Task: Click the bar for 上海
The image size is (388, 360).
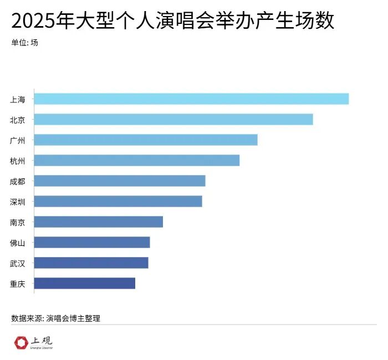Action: point(191,99)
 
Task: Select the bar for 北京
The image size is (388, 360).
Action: point(173,119)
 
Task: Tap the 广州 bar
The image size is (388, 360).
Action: point(146,140)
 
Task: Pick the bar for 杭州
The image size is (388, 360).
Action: point(137,160)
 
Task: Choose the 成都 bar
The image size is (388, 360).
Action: point(120,181)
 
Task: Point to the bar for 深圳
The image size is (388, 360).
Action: point(118,201)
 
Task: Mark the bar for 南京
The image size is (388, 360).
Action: point(99,222)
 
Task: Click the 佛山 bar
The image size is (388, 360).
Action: point(92,242)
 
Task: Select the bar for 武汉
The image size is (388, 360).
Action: point(91,263)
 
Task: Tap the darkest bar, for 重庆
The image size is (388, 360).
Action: point(85,283)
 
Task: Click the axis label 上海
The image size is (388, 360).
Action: point(17,99)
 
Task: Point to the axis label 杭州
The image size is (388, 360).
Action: point(17,161)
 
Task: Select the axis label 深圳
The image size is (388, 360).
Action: point(17,202)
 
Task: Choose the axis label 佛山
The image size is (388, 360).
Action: point(17,243)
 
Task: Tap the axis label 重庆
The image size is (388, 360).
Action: point(17,284)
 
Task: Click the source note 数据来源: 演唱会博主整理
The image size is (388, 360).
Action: point(55,318)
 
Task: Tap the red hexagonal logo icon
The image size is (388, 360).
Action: point(22,343)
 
